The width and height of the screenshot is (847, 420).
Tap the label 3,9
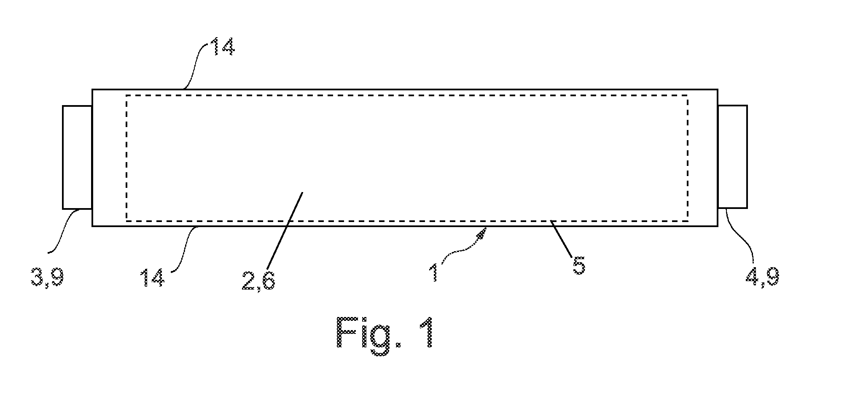[x=47, y=278]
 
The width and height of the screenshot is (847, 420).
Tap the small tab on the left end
[x=78, y=157]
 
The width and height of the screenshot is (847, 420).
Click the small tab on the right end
[x=732, y=157]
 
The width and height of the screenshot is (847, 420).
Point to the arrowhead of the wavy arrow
[x=483, y=232]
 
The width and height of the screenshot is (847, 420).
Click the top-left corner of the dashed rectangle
[x=126, y=95]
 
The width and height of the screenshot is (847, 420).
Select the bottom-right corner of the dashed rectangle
[x=688, y=221]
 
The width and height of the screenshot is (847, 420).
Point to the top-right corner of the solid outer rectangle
[x=718, y=89]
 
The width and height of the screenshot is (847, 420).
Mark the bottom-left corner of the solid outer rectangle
[x=93, y=226]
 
